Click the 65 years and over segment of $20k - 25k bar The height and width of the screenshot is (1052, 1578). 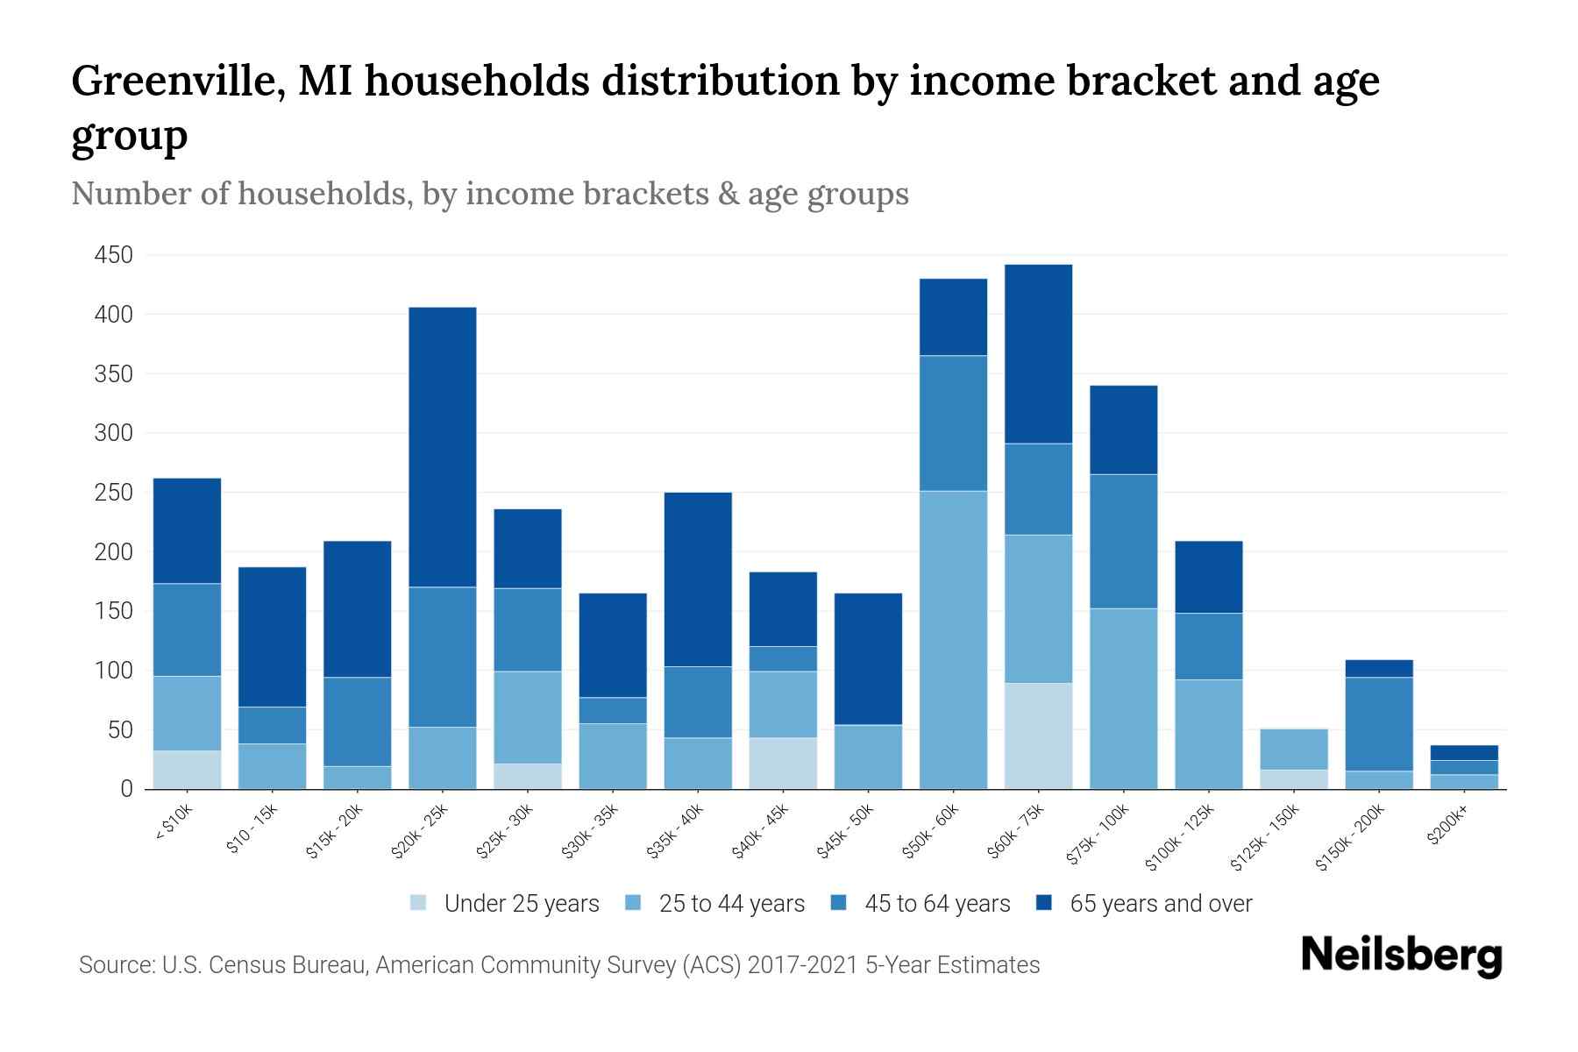pyautogui.click(x=443, y=446)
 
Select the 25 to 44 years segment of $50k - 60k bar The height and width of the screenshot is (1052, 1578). pyautogui.click(x=953, y=639)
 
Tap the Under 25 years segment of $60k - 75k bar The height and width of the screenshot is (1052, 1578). pyautogui.click(x=1038, y=736)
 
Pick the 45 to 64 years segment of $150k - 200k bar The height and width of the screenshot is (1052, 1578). pyautogui.click(x=1379, y=723)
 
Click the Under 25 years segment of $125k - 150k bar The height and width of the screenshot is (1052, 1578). pyautogui.click(x=1294, y=778)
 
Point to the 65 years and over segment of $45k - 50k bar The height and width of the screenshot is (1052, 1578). pyautogui.click(x=868, y=658)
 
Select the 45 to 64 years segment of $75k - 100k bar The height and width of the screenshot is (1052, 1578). pyautogui.click(x=1123, y=541)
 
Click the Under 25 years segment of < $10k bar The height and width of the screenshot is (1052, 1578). pyautogui.click(x=187, y=770)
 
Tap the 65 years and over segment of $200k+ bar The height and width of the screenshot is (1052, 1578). pyautogui.click(x=1464, y=752)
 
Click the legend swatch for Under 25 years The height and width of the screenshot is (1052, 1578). pyautogui.click(x=419, y=903)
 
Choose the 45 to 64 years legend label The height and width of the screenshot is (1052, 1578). pyautogui.click(x=937, y=903)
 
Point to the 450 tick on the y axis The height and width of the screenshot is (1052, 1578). pyautogui.click(x=114, y=255)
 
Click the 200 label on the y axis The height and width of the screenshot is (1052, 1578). pyautogui.click(x=114, y=552)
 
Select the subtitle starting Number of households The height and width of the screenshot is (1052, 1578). pyautogui.click(x=489, y=194)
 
